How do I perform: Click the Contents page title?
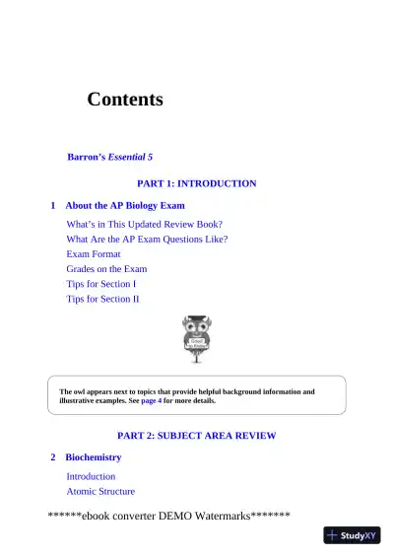125,100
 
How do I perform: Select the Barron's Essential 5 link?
109,157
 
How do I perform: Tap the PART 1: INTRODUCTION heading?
196,183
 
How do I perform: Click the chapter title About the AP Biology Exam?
125,206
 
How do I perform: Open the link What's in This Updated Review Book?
144,224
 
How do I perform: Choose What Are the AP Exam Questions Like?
147,239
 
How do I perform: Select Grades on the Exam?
106,268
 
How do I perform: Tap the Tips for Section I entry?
101,284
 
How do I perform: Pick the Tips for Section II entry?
103,299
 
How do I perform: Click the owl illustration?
197,338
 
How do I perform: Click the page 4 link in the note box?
151,401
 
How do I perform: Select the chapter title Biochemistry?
94,458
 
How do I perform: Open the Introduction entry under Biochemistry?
91,476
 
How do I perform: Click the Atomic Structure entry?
100,491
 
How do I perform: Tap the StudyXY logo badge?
353,535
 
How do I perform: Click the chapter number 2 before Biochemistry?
53,458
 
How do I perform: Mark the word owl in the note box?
82,391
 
